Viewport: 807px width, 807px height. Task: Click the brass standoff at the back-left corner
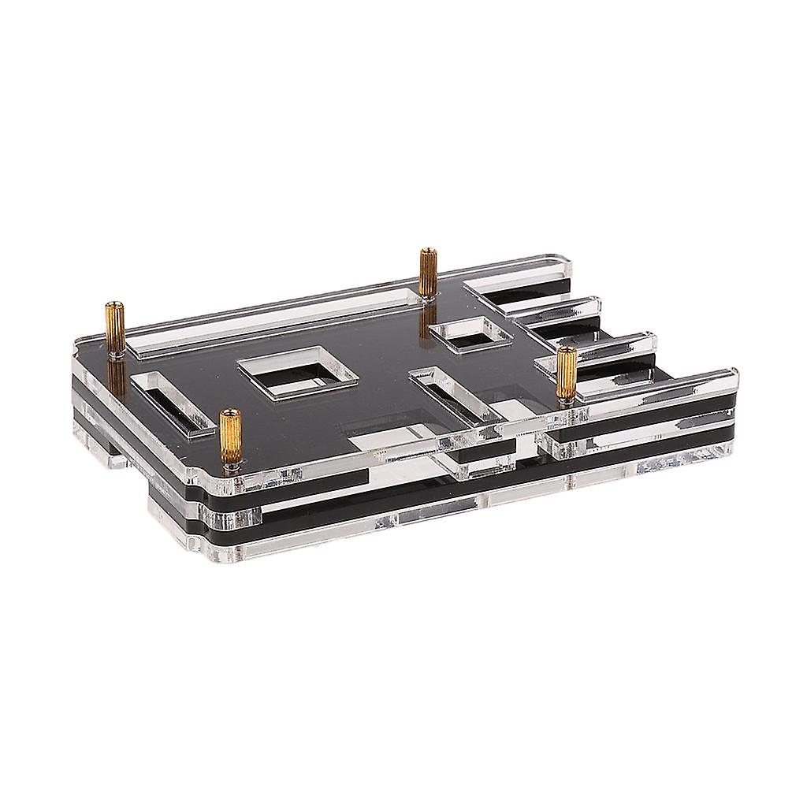click(114, 328)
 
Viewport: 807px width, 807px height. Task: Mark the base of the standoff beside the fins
click(565, 399)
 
